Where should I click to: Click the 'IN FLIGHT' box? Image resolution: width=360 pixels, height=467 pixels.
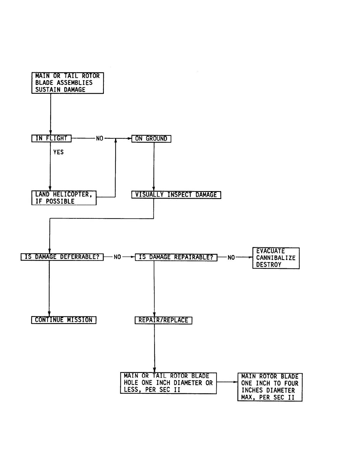(51, 139)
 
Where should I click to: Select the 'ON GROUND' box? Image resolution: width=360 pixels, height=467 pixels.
(151, 139)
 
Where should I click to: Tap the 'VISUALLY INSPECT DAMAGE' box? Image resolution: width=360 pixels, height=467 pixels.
(176, 195)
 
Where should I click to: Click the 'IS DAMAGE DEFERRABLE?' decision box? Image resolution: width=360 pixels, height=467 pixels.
(62, 257)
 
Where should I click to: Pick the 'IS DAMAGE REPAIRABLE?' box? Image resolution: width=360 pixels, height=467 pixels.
(176, 257)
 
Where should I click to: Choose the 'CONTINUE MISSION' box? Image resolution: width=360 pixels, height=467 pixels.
(64, 320)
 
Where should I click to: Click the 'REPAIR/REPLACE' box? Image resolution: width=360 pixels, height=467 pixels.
(163, 320)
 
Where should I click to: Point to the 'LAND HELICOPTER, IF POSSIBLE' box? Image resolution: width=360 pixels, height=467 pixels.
(64, 198)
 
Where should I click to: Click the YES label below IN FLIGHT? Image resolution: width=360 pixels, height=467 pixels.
(58, 152)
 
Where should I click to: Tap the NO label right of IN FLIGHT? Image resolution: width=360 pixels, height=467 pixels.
(100, 139)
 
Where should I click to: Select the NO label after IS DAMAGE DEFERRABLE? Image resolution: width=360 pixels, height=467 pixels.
(117, 257)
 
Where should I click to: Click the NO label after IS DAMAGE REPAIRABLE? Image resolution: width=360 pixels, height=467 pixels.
(231, 258)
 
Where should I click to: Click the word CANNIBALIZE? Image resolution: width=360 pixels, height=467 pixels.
(276, 258)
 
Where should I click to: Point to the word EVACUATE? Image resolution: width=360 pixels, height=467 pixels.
(270, 251)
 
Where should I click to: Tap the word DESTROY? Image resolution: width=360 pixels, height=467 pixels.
(269, 265)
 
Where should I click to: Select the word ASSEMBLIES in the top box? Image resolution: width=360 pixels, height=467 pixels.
(74, 83)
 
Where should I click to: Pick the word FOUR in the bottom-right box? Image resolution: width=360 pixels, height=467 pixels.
(291, 384)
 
